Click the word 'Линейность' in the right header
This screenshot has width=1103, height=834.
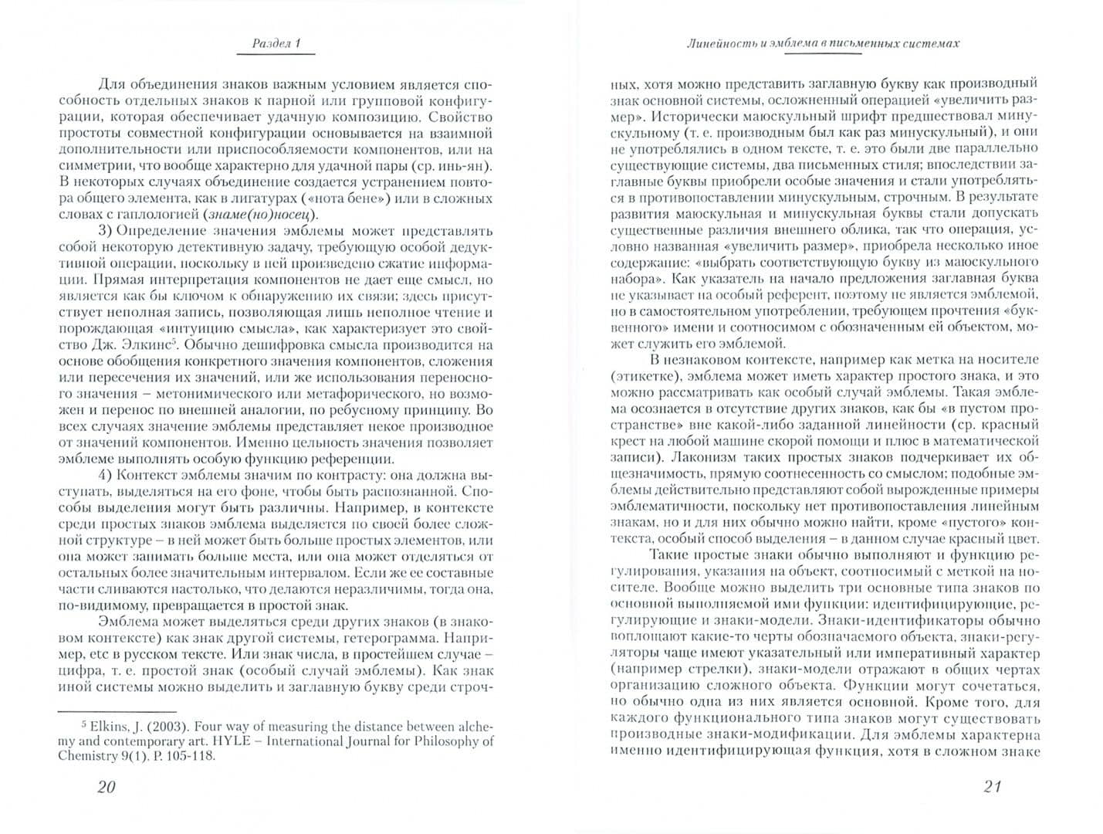(720, 43)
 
